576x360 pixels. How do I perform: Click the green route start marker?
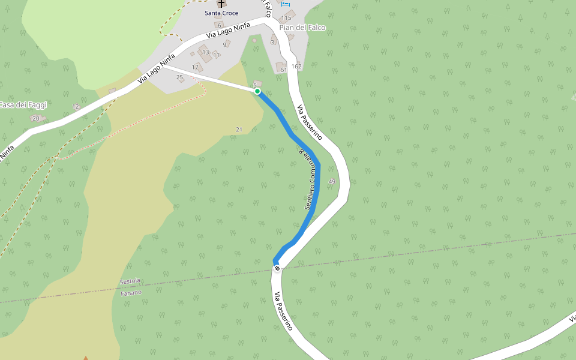pyautogui.click(x=257, y=91)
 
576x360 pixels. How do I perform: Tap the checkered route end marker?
pyautogui.click(x=277, y=268)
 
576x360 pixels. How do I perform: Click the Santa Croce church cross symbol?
pyautogui.click(x=221, y=4)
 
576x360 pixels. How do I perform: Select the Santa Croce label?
pyautogui.click(x=221, y=13)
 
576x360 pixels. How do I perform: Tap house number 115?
pyautogui.click(x=286, y=18)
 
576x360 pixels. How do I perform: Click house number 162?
pyautogui.click(x=296, y=67)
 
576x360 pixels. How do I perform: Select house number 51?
pyautogui.click(x=284, y=70)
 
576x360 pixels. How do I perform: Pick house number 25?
pyautogui.click(x=179, y=77)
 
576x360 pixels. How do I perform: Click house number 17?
pyautogui.click(x=195, y=67)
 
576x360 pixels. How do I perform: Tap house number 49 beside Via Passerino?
pyautogui.click(x=332, y=181)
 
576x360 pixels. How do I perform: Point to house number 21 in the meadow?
pyautogui.click(x=239, y=130)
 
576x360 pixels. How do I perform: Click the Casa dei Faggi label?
pyautogui.click(x=23, y=105)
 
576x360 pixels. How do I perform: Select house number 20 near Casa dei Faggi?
pyautogui.click(x=35, y=118)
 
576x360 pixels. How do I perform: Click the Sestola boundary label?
pyautogui.click(x=130, y=281)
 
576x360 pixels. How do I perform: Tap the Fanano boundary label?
pyautogui.click(x=131, y=293)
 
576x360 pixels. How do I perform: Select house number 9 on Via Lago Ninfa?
pyautogui.click(x=225, y=44)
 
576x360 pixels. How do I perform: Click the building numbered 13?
pyautogui.click(x=205, y=53)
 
